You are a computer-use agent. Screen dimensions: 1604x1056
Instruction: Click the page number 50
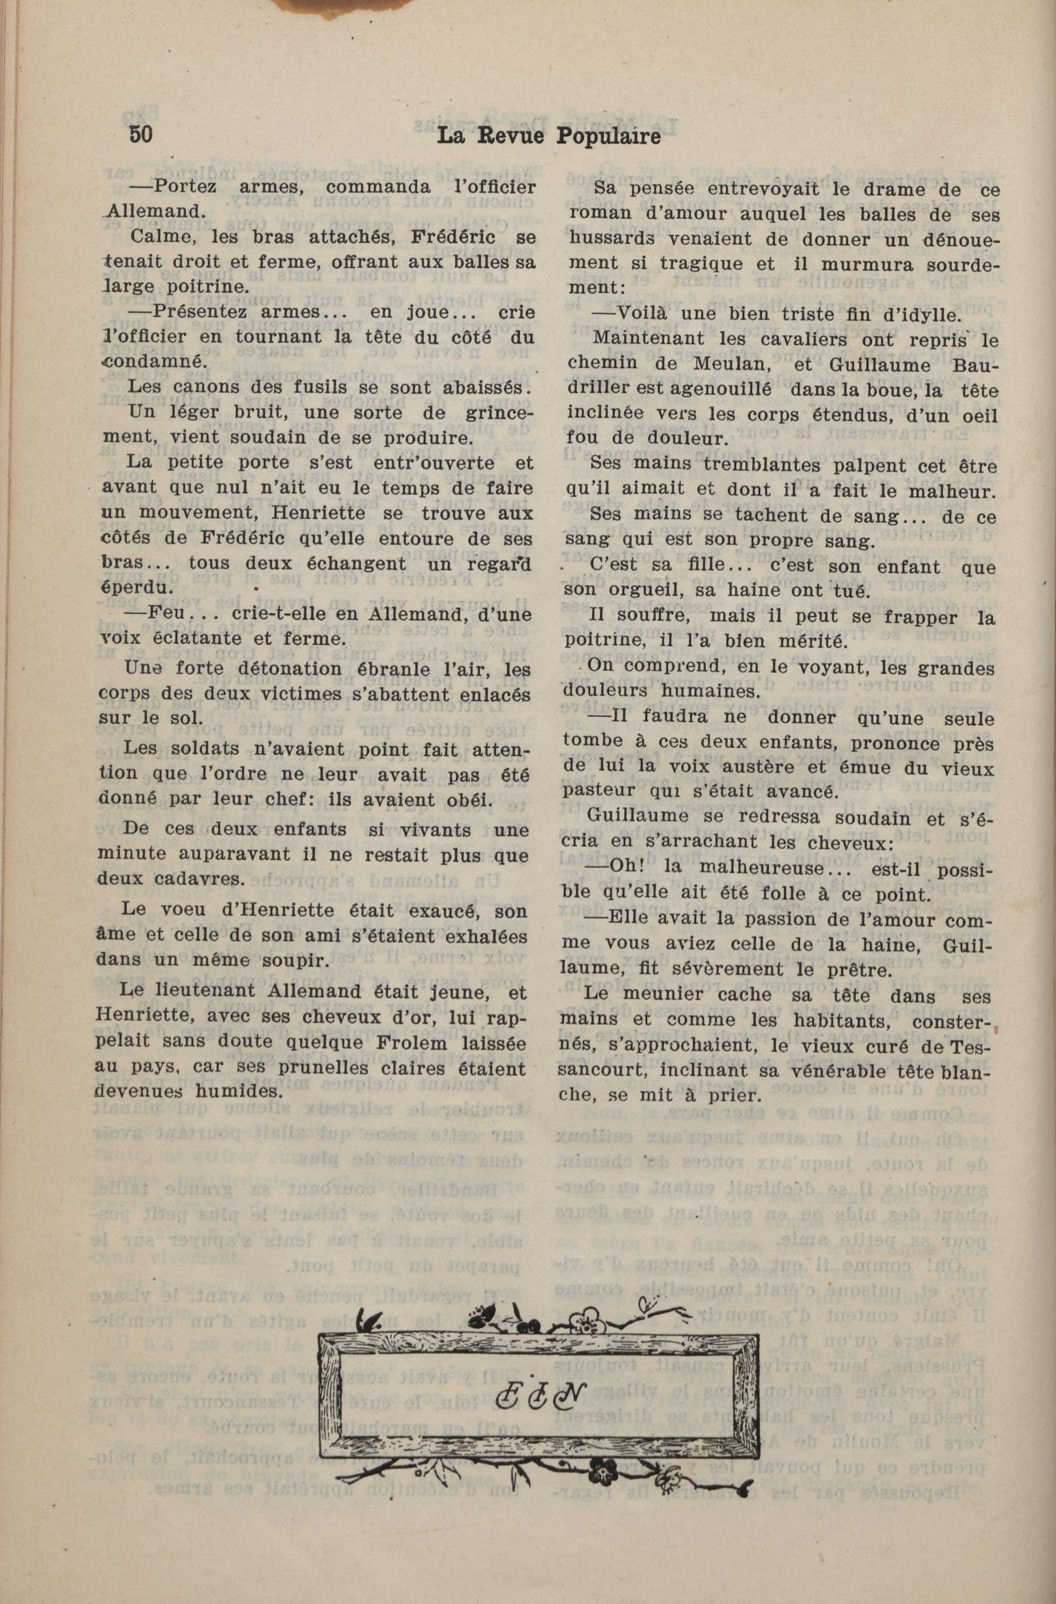coord(141,134)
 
